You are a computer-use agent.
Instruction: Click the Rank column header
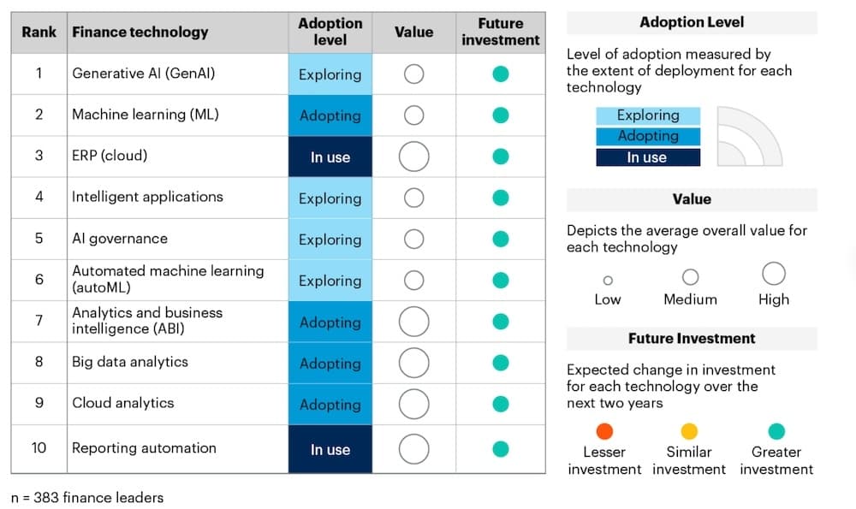pyautogui.click(x=39, y=32)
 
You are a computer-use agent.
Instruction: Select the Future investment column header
pyautogui.click(x=501, y=32)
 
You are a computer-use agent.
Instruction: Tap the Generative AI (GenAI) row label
pyautogui.click(x=143, y=74)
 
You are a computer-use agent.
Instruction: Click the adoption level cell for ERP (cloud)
pyautogui.click(x=330, y=157)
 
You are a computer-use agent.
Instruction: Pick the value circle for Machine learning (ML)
pyautogui.click(x=413, y=115)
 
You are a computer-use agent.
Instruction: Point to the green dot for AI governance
pyautogui.click(x=501, y=239)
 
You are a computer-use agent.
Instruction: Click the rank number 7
pyautogui.click(x=39, y=321)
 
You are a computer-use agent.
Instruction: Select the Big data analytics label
pyautogui.click(x=130, y=362)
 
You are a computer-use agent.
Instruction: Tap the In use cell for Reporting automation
pyautogui.click(x=330, y=449)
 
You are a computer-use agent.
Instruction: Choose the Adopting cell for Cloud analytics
pyautogui.click(x=330, y=405)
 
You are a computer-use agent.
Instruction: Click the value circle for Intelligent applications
pyautogui.click(x=413, y=198)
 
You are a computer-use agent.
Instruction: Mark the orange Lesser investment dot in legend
pyautogui.click(x=604, y=431)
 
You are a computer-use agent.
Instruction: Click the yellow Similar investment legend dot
pyautogui.click(x=689, y=431)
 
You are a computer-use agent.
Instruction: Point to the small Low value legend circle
pyautogui.click(x=608, y=280)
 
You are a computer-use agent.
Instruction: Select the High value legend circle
pyautogui.click(x=774, y=274)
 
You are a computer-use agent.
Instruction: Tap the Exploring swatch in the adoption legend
pyautogui.click(x=648, y=115)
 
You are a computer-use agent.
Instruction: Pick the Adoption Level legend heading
pyautogui.click(x=692, y=22)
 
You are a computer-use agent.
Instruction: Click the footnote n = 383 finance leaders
pyautogui.click(x=87, y=497)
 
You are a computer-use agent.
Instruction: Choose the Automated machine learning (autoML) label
pyautogui.click(x=168, y=279)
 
